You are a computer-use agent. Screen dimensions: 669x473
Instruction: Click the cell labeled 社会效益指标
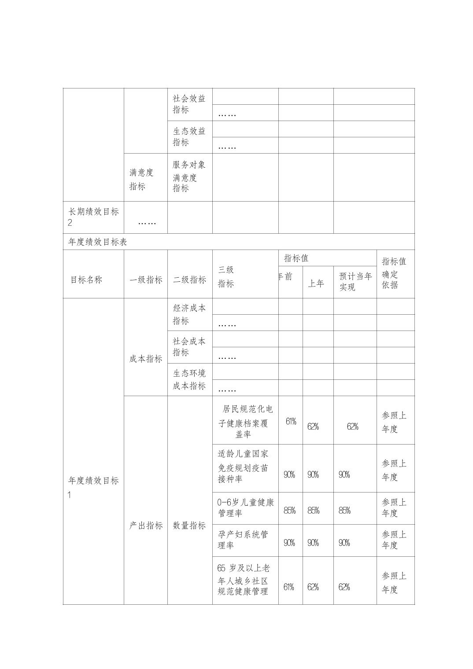tap(189, 104)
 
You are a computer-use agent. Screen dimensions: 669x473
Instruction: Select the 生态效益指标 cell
tap(189, 137)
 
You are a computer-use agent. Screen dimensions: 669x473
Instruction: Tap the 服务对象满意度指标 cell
tap(189, 176)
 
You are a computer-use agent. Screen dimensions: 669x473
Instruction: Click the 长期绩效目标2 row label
tap(93, 217)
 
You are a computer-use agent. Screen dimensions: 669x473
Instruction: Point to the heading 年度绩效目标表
tap(98, 242)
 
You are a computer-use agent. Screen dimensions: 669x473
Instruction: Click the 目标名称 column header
tap(86, 280)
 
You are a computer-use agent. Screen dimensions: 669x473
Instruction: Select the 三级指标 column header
tap(226, 277)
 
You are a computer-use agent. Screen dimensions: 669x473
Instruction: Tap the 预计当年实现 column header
tap(355, 282)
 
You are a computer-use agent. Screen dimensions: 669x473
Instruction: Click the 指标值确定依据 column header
tap(394, 273)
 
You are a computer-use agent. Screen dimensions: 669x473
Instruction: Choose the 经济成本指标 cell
tap(189, 314)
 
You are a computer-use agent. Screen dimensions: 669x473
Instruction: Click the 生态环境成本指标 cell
tap(189, 379)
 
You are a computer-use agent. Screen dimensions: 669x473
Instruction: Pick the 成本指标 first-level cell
tap(145, 359)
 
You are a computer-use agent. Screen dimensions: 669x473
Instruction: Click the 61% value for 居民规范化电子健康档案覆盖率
tap(291, 422)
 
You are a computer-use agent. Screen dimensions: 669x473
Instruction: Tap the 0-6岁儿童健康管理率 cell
tap(245, 508)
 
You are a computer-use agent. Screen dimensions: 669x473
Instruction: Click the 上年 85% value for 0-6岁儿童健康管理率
tap(313, 511)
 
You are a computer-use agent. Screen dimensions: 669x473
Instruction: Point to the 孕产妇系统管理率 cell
tap(243, 540)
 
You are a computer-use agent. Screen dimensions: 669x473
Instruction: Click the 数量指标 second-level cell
tap(189, 526)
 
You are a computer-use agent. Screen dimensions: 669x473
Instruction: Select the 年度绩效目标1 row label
tap(93, 487)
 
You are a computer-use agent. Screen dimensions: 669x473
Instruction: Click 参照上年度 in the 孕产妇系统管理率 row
tap(394, 540)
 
